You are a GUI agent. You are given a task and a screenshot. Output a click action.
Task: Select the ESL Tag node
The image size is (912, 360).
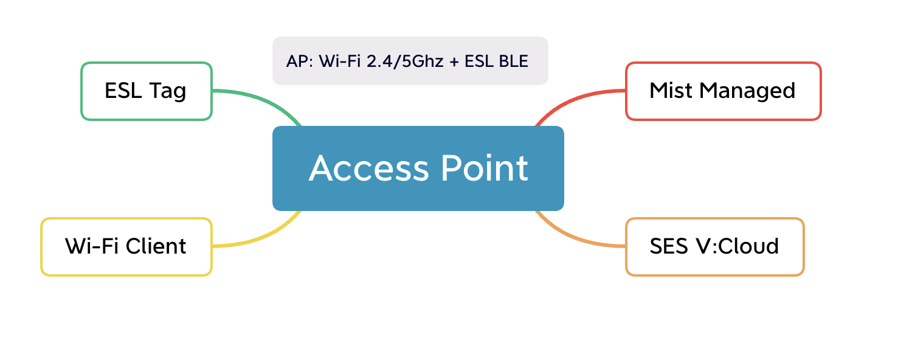click(x=147, y=91)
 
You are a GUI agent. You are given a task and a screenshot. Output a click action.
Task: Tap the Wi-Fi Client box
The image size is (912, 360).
click(x=126, y=247)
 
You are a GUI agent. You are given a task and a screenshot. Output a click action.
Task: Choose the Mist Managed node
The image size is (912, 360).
click(x=723, y=91)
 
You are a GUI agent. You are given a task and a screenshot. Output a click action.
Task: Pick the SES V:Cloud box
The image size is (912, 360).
click(x=714, y=247)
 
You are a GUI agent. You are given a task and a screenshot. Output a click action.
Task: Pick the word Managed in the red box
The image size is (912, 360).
click(x=747, y=91)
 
